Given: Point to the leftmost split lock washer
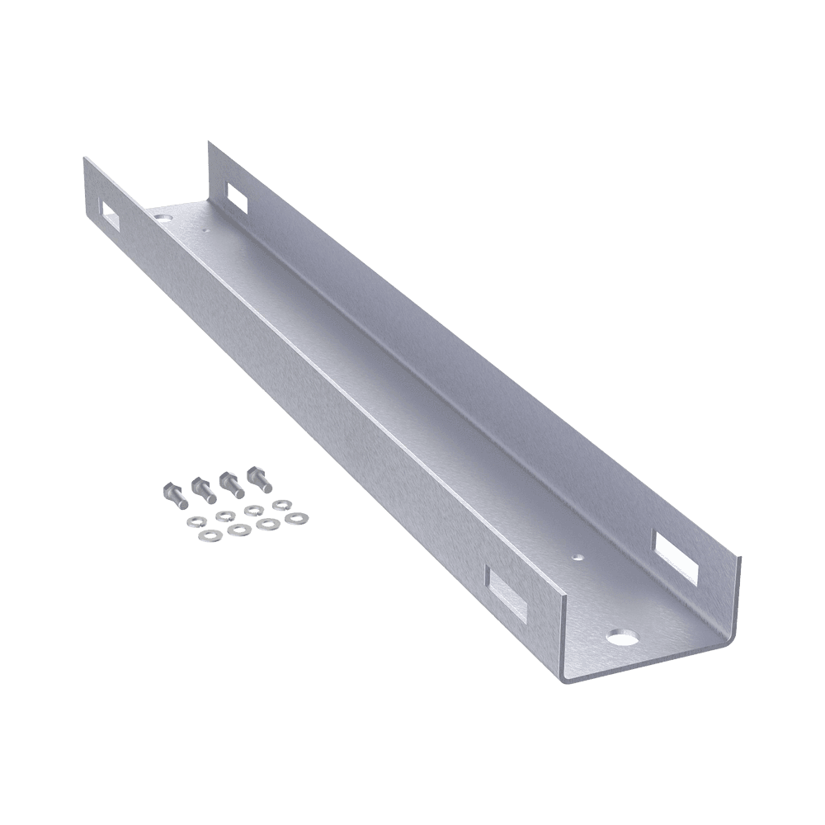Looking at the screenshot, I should pos(197,522).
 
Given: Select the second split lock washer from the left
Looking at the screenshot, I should pos(226,516).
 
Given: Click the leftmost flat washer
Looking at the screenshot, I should pos(210,535).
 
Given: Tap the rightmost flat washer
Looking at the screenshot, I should pos(296,519).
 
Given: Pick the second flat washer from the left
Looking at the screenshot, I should pos(239,530).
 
